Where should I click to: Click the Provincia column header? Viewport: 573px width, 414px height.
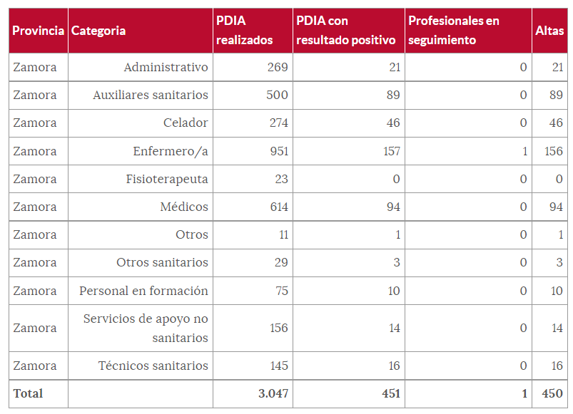click(x=38, y=31)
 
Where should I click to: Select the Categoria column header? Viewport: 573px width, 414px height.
click(x=98, y=31)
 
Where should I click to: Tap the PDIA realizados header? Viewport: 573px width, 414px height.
click(x=244, y=31)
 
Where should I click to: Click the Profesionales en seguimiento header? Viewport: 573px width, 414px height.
click(x=453, y=31)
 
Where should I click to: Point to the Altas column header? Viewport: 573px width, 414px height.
click(x=549, y=31)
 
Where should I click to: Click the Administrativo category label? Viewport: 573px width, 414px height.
click(x=166, y=67)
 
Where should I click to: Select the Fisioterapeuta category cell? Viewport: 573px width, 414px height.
click(x=167, y=179)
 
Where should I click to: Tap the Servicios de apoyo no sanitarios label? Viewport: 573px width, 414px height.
click(x=146, y=328)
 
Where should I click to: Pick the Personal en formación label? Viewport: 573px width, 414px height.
click(x=143, y=291)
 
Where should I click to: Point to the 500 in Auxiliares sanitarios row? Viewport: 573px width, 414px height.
click(x=277, y=95)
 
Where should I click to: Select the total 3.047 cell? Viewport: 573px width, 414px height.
click(x=273, y=393)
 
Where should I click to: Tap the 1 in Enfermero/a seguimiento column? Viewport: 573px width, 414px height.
click(x=524, y=151)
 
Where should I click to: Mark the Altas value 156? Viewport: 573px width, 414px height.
click(x=552, y=151)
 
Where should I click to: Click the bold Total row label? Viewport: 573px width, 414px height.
click(x=28, y=393)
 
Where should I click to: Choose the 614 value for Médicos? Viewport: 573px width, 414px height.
click(x=277, y=207)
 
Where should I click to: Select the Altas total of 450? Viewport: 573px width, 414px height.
click(x=552, y=393)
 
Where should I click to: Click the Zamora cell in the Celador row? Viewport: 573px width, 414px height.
click(x=35, y=123)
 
